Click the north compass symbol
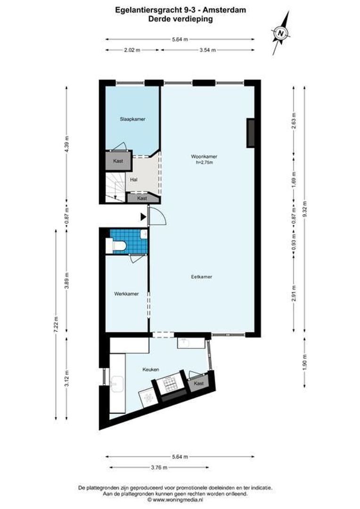tap(280, 33)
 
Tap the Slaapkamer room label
tap(132, 120)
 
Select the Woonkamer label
tap(204, 156)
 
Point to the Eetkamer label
tap(201, 277)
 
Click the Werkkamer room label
tap(126, 294)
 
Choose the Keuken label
tap(151, 370)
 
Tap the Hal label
tap(134, 180)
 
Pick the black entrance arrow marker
tap(143, 216)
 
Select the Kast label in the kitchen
tap(199, 384)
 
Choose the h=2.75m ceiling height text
tap(204, 163)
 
